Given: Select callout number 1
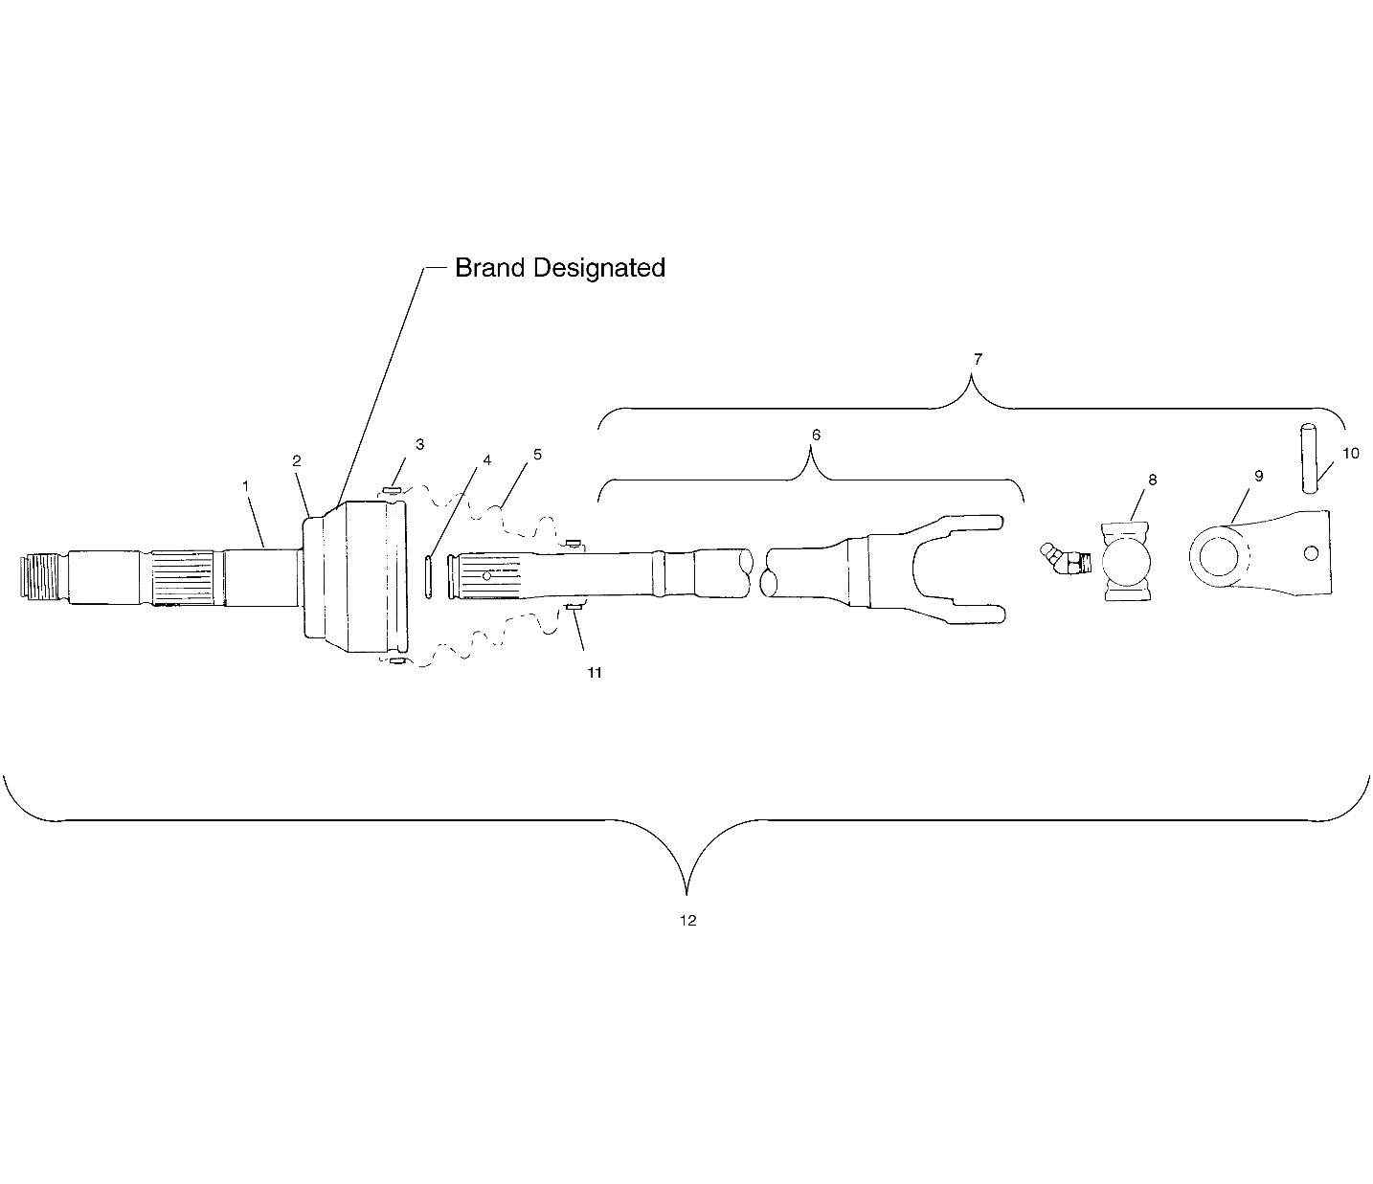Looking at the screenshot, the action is tap(245, 486).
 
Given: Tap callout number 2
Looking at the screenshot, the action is tap(296, 460).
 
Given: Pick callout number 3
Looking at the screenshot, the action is tap(419, 444).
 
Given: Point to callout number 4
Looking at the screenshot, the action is tap(487, 460).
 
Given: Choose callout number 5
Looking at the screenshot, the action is tap(537, 455).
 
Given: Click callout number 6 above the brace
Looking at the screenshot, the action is tap(816, 435).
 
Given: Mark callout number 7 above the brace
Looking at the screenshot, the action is tap(978, 359).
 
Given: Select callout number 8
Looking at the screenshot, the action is tap(1153, 480).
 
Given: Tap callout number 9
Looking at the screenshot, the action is tap(1259, 476).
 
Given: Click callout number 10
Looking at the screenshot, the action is tap(1351, 454).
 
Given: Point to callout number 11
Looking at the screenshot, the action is tap(595, 673).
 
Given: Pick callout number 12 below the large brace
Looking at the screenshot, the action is tap(687, 921).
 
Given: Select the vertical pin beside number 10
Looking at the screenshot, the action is tap(1309, 458).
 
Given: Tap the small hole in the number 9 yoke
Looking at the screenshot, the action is tap(1311, 553).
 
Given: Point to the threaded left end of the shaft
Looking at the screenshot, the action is tap(40, 576).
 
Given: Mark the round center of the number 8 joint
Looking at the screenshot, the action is tap(1126, 562).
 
